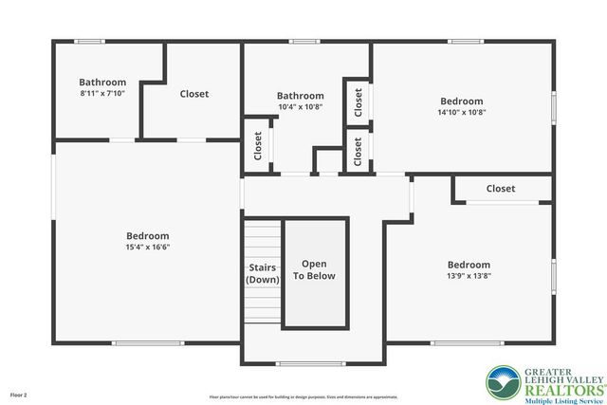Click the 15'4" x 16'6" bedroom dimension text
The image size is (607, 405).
click(148, 247)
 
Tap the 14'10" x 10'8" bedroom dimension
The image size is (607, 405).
click(462, 112)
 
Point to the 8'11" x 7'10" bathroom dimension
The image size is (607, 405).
click(102, 93)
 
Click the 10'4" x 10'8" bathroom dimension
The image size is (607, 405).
click(300, 106)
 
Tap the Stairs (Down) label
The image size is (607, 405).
click(262, 273)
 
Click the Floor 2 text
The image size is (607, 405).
click(19, 394)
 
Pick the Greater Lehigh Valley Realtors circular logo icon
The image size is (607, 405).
click(503, 383)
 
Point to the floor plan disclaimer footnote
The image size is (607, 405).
click(303, 396)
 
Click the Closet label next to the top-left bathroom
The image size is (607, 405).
click(194, 94)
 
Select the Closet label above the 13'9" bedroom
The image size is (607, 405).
click(501, 189)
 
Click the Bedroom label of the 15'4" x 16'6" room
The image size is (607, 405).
click(148, 236)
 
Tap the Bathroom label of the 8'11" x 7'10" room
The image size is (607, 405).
click(102, 83)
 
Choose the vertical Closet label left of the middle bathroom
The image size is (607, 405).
click(258, 144)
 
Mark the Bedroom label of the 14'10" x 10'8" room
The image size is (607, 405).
click(462, 101)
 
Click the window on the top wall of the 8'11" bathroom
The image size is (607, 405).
click(90, 41)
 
